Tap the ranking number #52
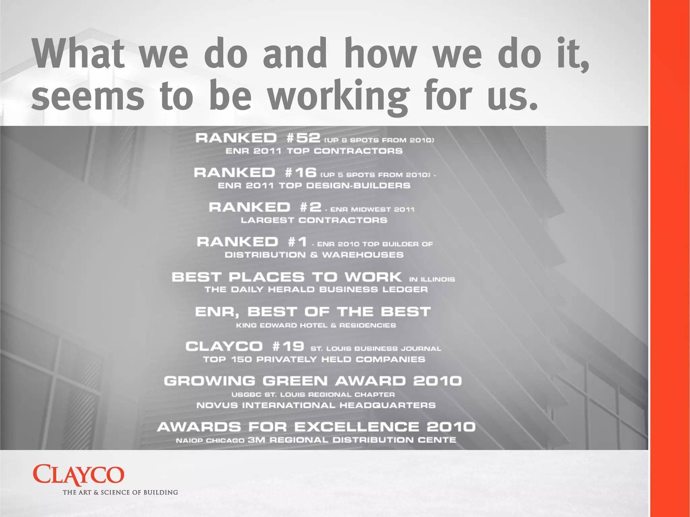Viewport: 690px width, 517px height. click(303, 138)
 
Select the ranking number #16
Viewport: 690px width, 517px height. click(301, 173)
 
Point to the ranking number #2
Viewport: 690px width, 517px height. click(311, 207)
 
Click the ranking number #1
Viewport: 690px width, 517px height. click(297, 242)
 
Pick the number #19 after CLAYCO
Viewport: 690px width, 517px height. click(288, 346)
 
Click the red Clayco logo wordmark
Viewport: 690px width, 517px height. click(79, 475)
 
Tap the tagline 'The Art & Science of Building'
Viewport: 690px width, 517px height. click(120, 492)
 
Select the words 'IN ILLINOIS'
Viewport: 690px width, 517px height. click(432, 279)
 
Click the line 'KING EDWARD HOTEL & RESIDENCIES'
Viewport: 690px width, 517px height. click(316, 325)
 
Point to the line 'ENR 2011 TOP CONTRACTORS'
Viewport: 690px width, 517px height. click(314, 151)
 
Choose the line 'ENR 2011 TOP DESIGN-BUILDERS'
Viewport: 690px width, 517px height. click(314, 186)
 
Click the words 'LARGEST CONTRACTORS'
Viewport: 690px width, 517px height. click(314, 220)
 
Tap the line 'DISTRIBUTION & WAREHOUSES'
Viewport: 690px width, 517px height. click(314, 255)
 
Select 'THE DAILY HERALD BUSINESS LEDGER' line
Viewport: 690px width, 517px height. click(316, 290)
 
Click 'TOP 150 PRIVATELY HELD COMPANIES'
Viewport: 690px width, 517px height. click(314, 359)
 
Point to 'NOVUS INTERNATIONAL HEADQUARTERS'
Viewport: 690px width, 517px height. click(316, 405)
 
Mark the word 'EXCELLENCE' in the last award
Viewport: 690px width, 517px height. click(357, 427)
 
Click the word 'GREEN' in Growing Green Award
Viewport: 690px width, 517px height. click(295, 381)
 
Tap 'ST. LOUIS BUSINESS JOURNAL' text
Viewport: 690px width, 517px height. click(376, 349)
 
